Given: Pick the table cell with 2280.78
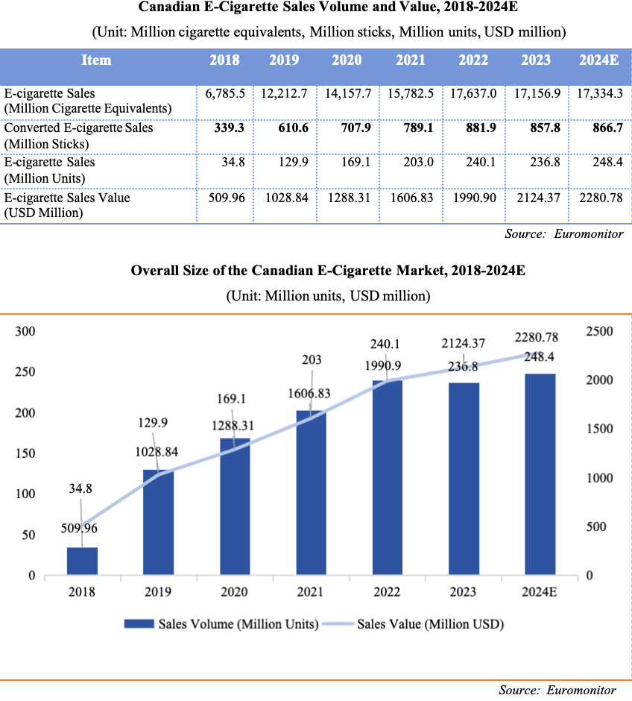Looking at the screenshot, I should click(600, 198).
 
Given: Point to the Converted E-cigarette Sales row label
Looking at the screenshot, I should click(78, 128).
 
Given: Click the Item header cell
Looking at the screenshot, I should click(96, 60).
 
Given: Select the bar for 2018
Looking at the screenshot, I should click(82, 561).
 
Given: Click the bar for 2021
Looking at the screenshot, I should click(312, 492).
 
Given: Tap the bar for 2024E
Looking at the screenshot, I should click(540, 474).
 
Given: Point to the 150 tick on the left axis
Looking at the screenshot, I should click(26, 453).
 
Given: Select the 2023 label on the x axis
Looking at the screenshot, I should click(464, 592).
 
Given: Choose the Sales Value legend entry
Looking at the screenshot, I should click(422, 624).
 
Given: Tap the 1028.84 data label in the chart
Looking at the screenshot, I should click(158, 453).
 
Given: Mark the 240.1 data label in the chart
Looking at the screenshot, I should click(388, 344).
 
